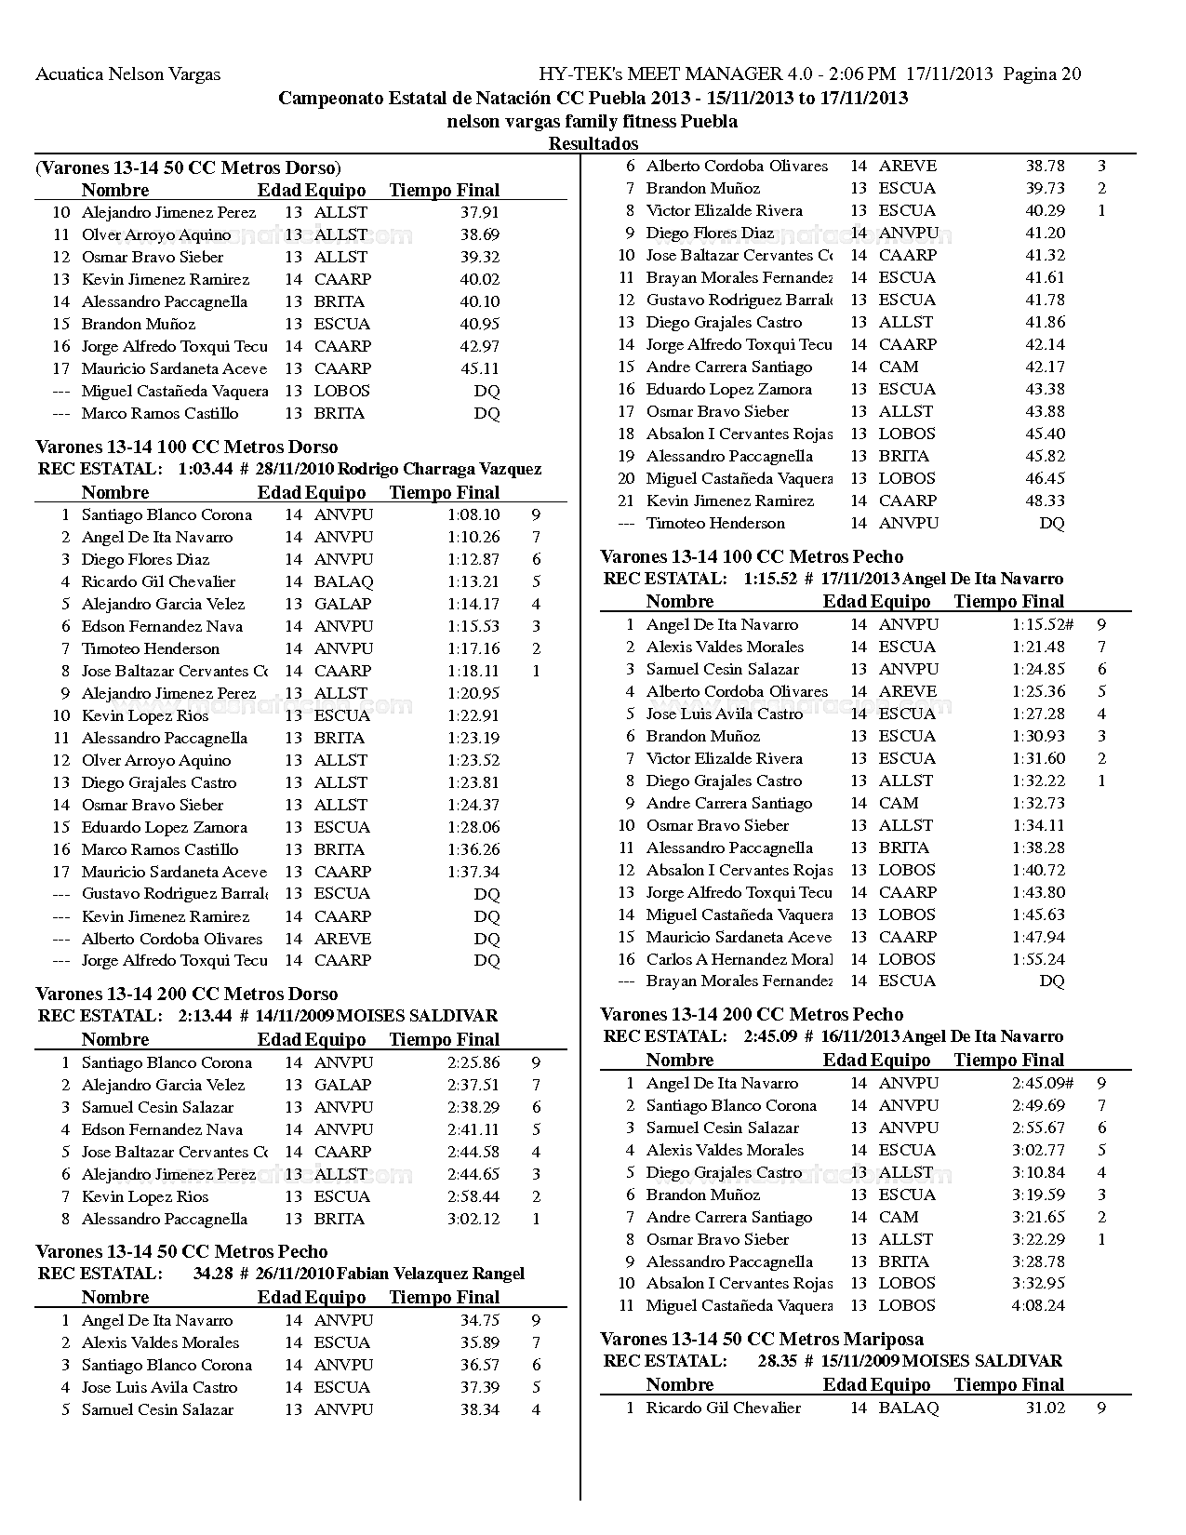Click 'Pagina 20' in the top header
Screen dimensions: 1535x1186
1043,74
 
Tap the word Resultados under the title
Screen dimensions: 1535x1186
593,143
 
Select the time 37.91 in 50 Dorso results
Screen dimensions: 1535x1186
480,213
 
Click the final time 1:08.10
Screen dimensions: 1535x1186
473,515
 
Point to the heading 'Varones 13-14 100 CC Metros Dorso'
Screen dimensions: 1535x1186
186,447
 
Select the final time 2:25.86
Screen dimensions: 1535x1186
473,1063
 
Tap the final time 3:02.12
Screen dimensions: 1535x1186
473,1220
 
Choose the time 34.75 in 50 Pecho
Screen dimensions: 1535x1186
480,1321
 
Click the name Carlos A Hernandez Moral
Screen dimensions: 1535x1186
740,960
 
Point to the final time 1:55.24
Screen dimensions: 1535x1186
1038,960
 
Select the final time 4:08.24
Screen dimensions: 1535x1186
1038,1306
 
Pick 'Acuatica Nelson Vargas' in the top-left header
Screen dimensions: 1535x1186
127,74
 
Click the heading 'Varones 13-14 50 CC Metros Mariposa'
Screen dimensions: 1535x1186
762,1340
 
